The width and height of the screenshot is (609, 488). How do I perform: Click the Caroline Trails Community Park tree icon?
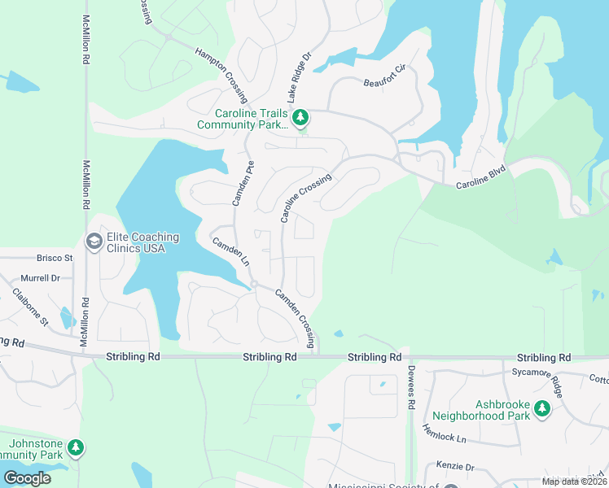point(300,119)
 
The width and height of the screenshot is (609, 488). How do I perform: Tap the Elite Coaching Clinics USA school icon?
point(94,242)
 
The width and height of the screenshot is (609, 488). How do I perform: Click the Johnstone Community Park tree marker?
point(75,448)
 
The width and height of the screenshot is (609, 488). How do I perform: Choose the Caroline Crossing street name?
point(306,198)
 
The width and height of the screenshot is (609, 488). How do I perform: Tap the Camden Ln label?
point(230,253)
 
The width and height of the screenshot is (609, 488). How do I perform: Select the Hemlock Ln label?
point(444,432)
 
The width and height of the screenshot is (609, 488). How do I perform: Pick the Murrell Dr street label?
point(41,278)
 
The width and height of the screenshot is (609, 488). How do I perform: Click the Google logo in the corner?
point(27,477)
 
